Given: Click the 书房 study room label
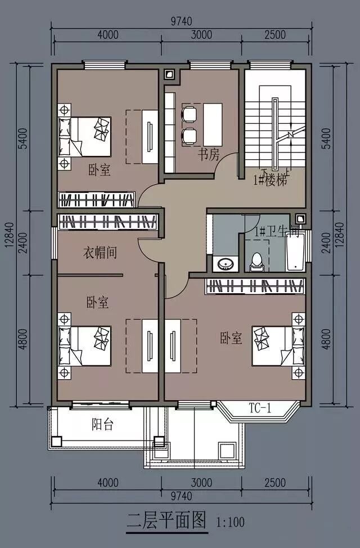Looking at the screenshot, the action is tap(209, 154).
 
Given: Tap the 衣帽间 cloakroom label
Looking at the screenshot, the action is tap(100, 252).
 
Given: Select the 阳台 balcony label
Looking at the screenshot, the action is tap(102, 424).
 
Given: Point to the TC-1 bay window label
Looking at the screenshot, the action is tap(260, 407).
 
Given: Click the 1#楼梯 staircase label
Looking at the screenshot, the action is tap(271, 181).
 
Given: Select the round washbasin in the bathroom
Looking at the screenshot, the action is tap(224, 264).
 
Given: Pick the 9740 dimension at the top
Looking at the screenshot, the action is tap(181, 21).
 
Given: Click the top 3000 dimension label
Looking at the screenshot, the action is tap(202, 35).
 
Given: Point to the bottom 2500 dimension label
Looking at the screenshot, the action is tap(275, 483).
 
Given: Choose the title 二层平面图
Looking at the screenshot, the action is tap(166, 520).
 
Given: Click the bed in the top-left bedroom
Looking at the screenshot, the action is tap(84, 137).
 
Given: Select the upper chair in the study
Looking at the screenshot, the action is tap(189, 113).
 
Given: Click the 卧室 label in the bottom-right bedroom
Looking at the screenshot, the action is tap(231, 338).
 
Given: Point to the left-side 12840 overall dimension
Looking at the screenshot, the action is tap(10, 235).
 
